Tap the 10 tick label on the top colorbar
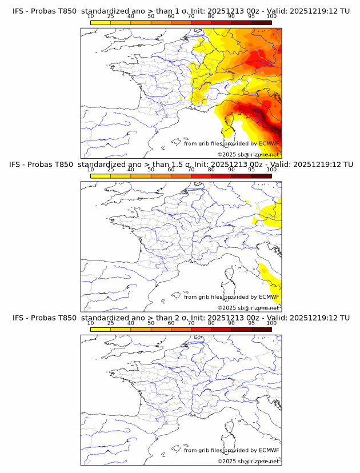[91, 17]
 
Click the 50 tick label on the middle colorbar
[151, 170]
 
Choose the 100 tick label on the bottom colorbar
[271, 323]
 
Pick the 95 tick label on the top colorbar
[251, 17]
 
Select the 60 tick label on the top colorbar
[171, 17]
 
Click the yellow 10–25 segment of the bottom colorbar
[101, 330]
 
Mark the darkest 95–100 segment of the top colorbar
[261, 23]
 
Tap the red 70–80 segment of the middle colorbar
[201, 177]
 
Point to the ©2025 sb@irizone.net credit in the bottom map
[248, 461]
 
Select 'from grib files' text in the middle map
[203, 297]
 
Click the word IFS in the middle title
[18, 165]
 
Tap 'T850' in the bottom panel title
[65, 318]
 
